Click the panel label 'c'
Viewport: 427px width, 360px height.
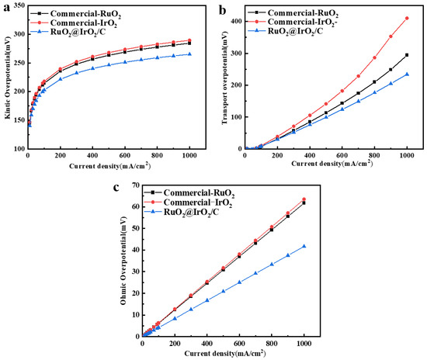pyautogui.click(x=115, y=187)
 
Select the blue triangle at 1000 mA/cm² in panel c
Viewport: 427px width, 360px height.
pyautogui.click(x=304, y=246)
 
